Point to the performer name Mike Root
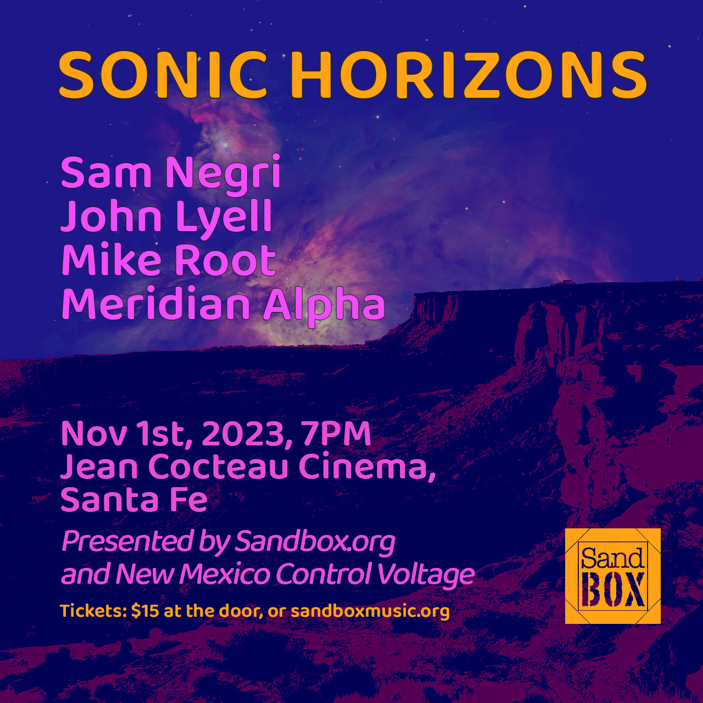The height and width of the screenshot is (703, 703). point(169,260)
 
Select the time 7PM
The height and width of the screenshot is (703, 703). point(336,434)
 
